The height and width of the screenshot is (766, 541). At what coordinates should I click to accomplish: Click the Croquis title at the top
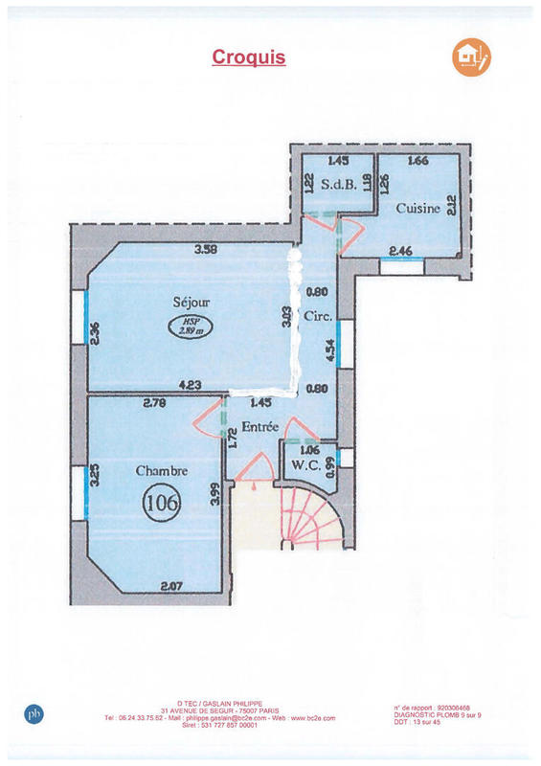[x=248, y=57]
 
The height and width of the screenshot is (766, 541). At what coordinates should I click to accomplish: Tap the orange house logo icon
[x=470, y=57]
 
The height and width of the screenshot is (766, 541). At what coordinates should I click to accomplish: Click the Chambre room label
[x=161, y=470]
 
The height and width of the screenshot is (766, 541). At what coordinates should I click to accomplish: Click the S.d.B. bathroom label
[x=339, y=186]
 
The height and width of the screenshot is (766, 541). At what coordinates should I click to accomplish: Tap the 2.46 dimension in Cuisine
[x=401, y=251]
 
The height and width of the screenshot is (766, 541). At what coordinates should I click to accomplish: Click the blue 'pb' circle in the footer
[x=34, y=712]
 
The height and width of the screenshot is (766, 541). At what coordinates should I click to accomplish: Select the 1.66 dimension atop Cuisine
[x=417, y=162]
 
